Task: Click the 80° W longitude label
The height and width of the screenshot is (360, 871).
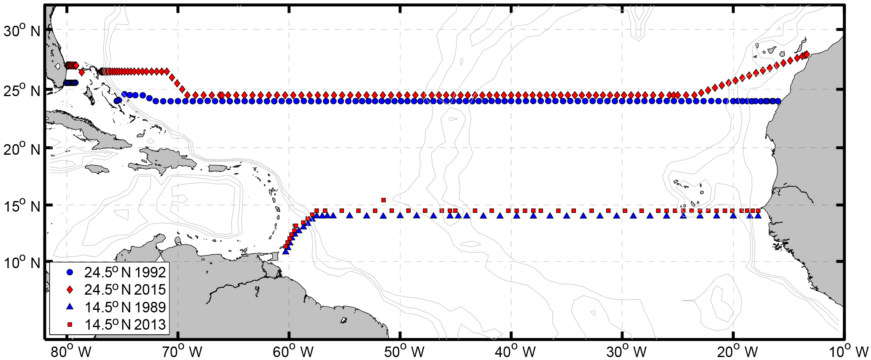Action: click(68, 351)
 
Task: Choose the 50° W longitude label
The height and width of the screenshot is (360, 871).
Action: click(401, 351)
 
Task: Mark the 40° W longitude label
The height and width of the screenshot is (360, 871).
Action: click(512, 351)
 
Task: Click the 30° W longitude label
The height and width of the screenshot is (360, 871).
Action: click(623, 351)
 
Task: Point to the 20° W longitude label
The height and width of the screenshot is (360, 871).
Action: click(734, 351)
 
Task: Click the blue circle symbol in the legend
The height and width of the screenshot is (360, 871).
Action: click(70, 272)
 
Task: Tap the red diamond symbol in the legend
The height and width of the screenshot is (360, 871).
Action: click(70, 290)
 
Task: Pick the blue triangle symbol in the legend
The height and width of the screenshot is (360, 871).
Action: click(70, 307)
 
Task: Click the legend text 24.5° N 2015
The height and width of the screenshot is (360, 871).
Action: click(125, 290)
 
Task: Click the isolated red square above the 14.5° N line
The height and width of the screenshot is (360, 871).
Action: click(383, 200)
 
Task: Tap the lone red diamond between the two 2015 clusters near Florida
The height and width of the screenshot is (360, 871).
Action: click(82, 73)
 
